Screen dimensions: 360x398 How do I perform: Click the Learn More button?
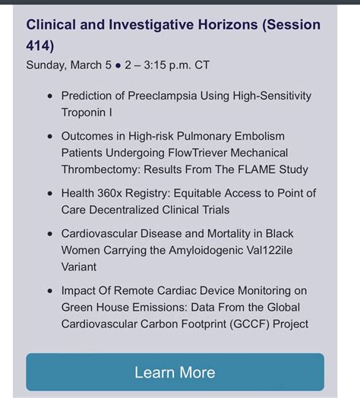click(x=175, y=372)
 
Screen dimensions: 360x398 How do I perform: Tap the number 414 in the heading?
click(x=38, y=46)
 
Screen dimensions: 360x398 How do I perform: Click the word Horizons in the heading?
click(x=228, y=25)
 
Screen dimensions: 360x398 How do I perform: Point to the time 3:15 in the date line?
click(x=155, y=65)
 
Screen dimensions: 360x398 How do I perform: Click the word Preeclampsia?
click(x=163, y=96)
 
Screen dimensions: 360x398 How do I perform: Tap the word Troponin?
click(x=84, y=112)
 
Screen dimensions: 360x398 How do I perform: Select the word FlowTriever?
click(x=197, y=153)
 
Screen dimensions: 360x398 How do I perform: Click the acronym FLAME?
click(x=257, y=169)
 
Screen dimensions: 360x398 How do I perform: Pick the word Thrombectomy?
click(x=101, y=169)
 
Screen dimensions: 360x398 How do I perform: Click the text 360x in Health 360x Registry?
click(x=109, y=193)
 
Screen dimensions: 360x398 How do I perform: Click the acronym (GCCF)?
click(x=249, y=324)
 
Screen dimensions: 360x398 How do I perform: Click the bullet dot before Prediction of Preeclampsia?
click(x=50, y=96)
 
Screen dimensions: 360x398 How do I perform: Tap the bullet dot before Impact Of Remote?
click(x=50, y=291)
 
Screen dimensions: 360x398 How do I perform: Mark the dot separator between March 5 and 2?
click(x=118, y=65)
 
